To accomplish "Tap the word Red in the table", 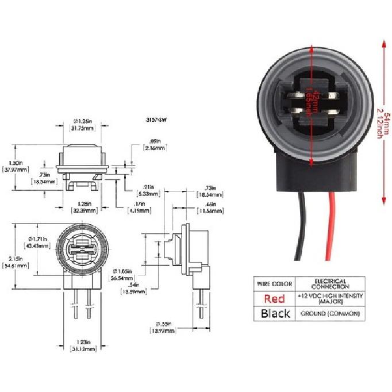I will [274, 298].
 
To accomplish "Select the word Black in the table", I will [274, 314].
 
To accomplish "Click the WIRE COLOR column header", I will [274, 284].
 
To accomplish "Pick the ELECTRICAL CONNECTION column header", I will [330, 284].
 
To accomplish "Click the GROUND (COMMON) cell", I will [330, 314].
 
